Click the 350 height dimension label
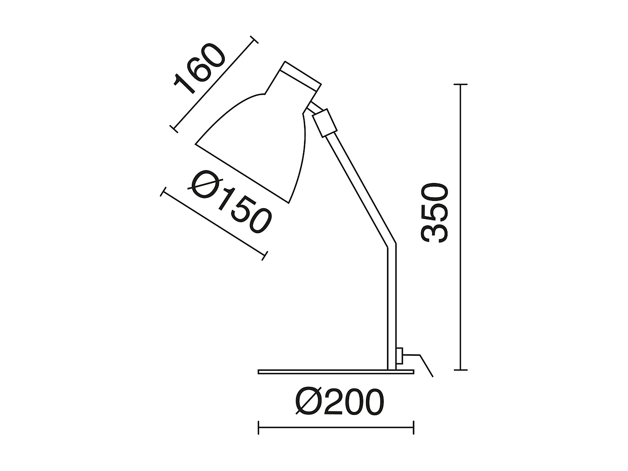pos(435,213)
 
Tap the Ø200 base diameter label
pos(339,402)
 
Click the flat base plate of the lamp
pos(335,371)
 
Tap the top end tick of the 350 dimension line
pos(461,85)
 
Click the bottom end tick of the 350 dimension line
pos(461,370)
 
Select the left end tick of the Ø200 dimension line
pos(259,427)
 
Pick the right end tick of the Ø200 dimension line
pos(414,427)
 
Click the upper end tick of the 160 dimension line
pos(253,40)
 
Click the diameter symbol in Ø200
pos(309,402)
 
